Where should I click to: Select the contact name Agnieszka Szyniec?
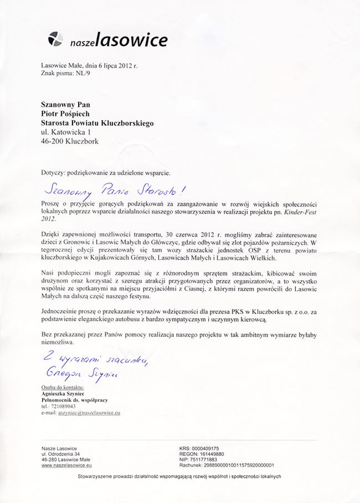pos(65,393)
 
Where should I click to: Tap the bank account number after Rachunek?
pos(239,466)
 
